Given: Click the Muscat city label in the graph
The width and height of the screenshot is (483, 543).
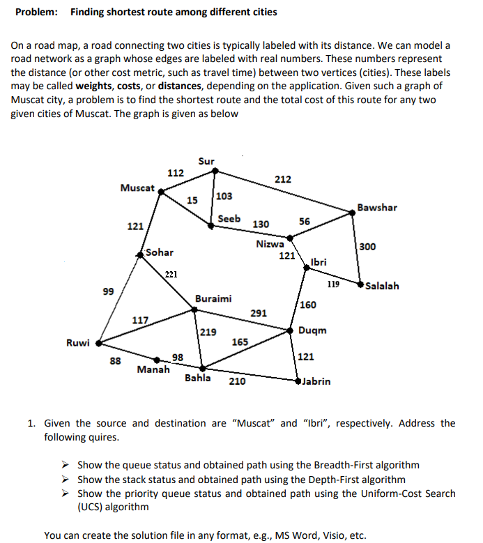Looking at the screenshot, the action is click(137, 188).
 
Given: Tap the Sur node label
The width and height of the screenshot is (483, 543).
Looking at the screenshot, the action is click(206, 161).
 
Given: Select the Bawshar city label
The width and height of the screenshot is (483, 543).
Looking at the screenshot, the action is click(377, 207).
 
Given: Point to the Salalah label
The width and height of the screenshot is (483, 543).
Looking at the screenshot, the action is click(382, 286).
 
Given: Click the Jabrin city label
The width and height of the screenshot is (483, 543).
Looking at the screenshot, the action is click(316, 381).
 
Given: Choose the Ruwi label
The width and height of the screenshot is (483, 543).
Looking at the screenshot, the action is click(77, 342).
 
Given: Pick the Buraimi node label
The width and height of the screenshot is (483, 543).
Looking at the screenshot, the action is click(213, 298).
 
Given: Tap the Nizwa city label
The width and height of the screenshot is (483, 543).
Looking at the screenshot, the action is click(270, 244).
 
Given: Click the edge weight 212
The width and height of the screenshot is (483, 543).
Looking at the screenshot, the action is click(282, 179).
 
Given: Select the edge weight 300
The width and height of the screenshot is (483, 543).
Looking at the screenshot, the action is click(368, 247).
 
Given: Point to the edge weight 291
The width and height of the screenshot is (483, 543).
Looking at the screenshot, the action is click(259, 313).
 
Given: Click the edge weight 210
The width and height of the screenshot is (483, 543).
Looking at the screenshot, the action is click(237, 381).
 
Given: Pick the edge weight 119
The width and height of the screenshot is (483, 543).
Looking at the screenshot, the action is click(333, 284).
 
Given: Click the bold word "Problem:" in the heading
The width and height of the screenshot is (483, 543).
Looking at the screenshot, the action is click(37, 12).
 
